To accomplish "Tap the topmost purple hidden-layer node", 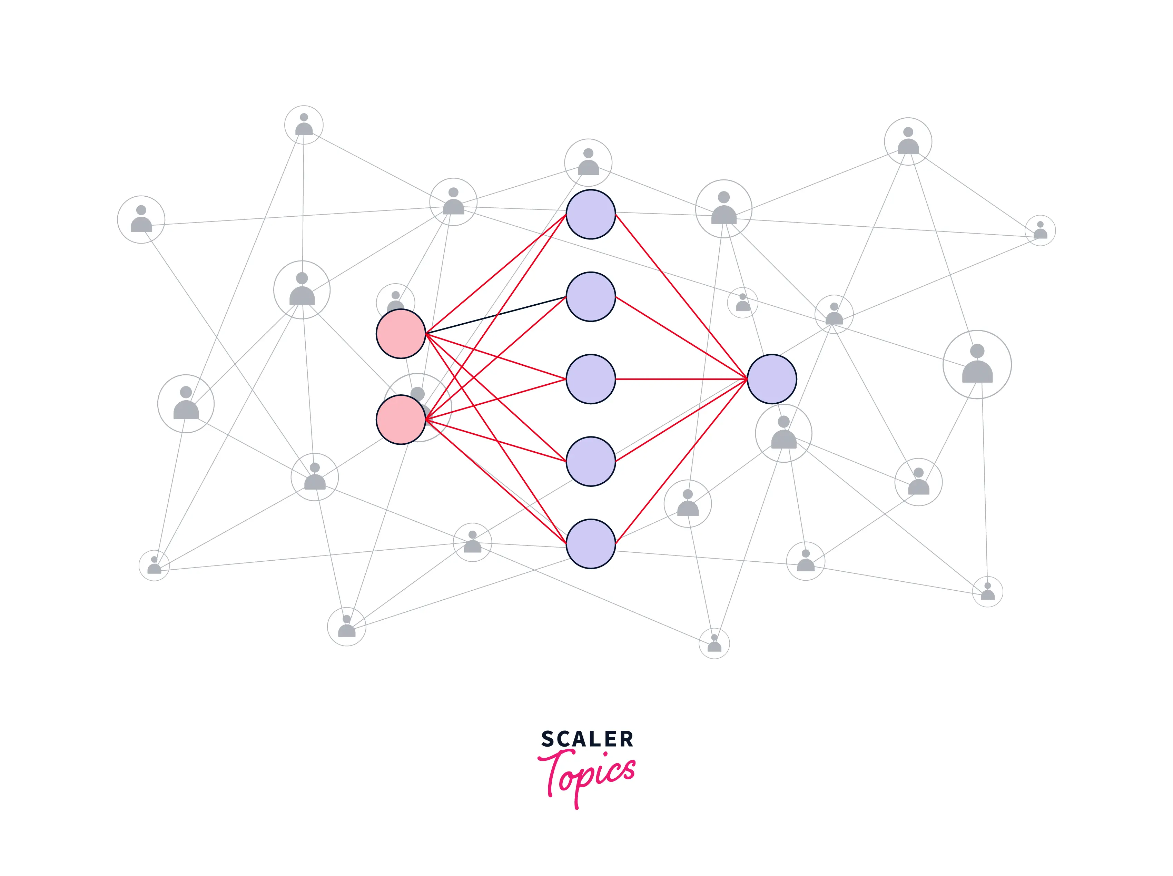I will pos(590,214).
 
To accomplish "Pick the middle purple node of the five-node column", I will pos(590,379).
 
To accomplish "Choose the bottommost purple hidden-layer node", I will pos(590,543).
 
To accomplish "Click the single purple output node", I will pos(771,379).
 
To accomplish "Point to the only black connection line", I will pos(496,315).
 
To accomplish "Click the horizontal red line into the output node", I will pos(681,379).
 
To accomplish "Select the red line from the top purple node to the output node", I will pos(681,297).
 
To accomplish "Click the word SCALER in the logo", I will pos(587,739).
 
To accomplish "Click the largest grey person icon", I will pos(977,364).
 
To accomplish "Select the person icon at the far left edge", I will pos(141,219).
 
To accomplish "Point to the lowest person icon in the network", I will pos(714,643).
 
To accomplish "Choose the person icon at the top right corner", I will pos(908,141).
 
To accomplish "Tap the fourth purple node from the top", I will pos(590,461).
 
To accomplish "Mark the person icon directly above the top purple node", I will pos(588,162).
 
